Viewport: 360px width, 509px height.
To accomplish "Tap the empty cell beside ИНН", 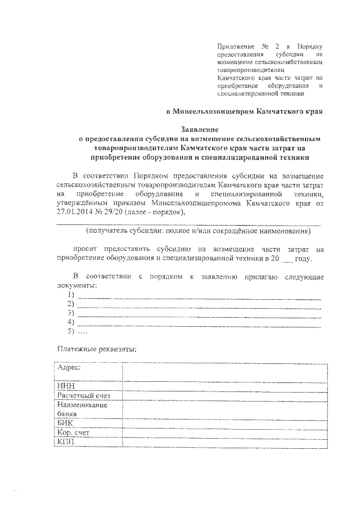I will click(x=223, y=386).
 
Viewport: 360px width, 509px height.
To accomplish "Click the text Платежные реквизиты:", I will click(x=96, y=349).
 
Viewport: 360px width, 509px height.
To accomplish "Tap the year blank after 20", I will click(x=287, y=259).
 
